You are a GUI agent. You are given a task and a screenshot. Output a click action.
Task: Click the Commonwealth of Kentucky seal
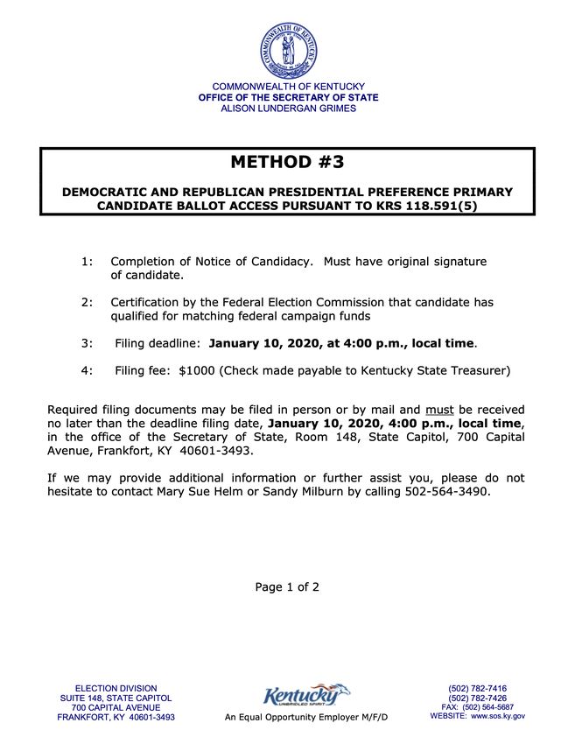click(x=288, y=50)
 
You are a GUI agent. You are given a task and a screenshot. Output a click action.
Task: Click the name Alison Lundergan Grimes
click(x=288, y=109)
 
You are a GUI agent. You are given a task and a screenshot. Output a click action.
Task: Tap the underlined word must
click(x=439, y=409)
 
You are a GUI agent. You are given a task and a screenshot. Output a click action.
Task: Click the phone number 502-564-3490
click(x=446, y=492)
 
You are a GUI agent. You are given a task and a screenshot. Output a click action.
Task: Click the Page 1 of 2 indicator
click(x=287, y=587)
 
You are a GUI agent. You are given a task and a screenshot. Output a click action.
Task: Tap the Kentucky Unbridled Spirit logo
click(x=305, y=697)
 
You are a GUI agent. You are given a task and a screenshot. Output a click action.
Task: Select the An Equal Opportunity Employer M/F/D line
click(x=305, y=718)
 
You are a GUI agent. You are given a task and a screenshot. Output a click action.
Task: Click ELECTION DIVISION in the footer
click(x=116, y=689)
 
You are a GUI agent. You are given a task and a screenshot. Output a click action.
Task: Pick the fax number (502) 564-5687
click(x=489, y=707)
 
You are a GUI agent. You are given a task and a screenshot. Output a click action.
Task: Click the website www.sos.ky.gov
click(x=498, y=717)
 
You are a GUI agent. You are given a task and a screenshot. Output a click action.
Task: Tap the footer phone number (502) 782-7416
click(x=477, y=689)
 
